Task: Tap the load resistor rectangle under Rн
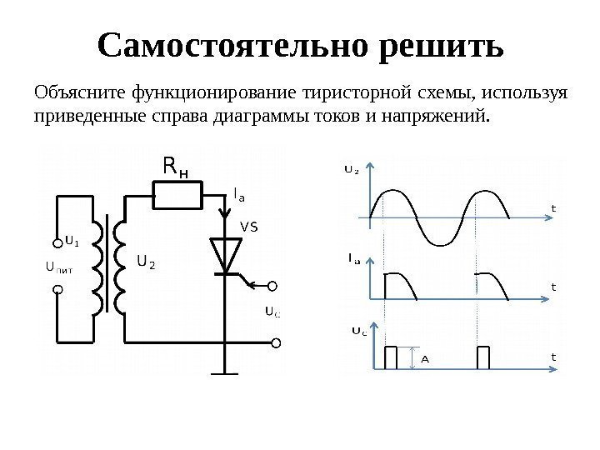pyautogui.click(x=177, y=196)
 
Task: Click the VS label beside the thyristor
pyautogui.click(x=249, y=226)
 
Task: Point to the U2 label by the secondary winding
pyautogui.click(x=146, y=262)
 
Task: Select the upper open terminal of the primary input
pyautogui.click(x=58, y=234)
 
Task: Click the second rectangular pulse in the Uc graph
pyautogui.click(x=482, y=357)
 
